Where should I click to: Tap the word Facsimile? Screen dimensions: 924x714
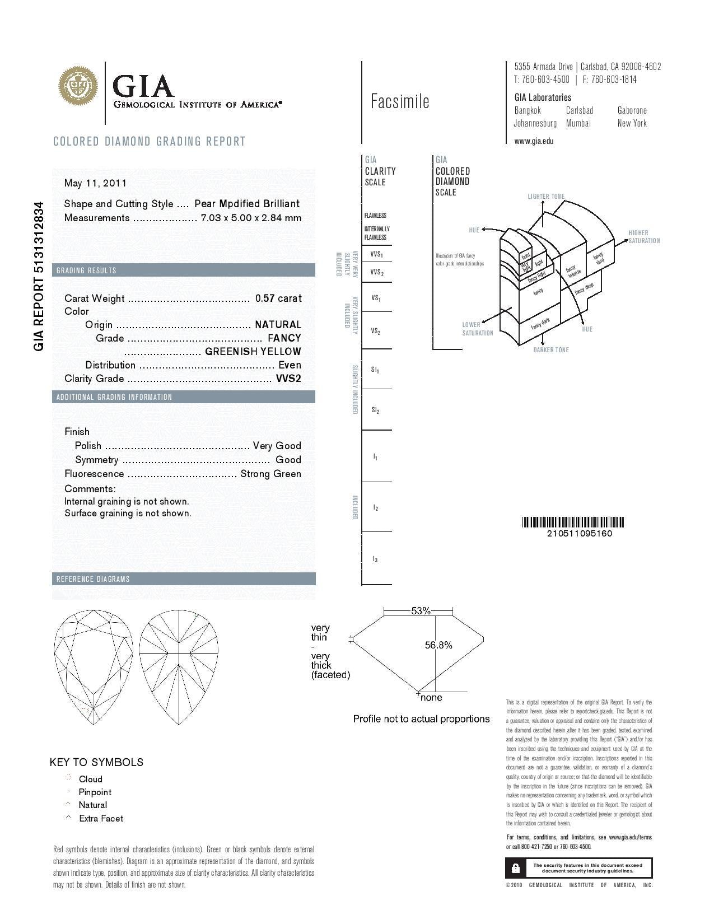tap(400, 101)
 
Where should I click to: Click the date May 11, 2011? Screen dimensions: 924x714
tap(95, 183)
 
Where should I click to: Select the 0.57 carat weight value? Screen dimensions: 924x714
tap(278, 298)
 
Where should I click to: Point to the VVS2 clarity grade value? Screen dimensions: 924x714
tap(288, 379)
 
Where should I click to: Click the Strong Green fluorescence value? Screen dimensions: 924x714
tap(270, 474)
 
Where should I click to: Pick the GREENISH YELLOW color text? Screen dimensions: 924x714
tap(253, 352)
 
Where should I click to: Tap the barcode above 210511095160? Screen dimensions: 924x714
tap(573, 522)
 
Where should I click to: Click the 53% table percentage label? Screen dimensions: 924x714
tap(421, 611)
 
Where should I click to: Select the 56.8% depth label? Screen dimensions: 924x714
tap(438, 645)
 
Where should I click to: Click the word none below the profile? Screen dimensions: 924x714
tap(431, 698)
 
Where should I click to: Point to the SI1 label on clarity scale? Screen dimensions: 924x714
tap(375, 370)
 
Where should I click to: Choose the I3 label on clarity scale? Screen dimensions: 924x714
tap(375, 559)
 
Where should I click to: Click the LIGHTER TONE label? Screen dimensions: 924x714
tap(546, 197)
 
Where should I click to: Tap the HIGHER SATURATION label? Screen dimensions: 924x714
tap(643, 237)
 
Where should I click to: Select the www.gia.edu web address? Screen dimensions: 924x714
tap(534, 141)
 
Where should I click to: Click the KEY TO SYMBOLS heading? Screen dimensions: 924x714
tap(96, 762)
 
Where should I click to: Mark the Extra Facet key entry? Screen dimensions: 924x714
tap(101, 818)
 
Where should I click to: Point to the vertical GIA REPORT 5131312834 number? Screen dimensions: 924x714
tap(39, 276)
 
